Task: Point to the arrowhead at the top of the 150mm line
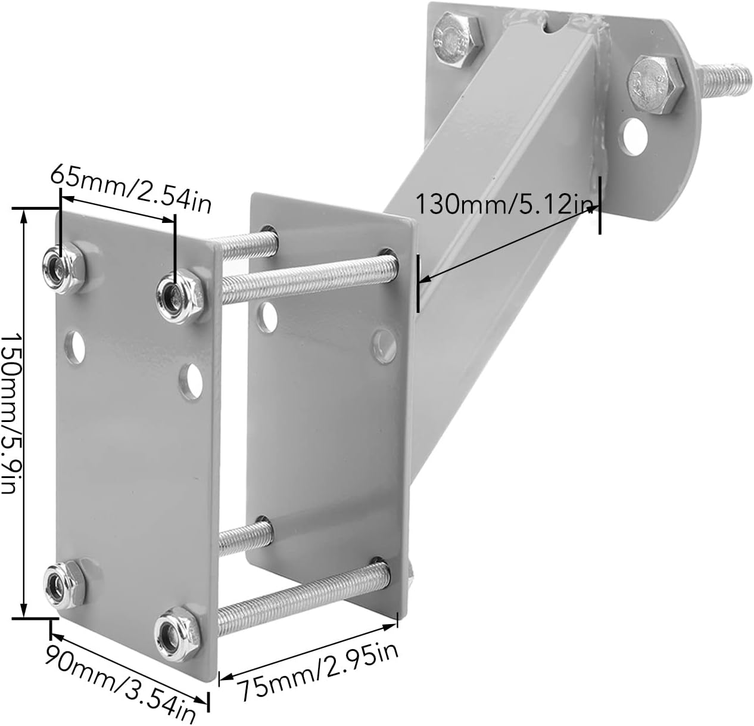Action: coord(24,216)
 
